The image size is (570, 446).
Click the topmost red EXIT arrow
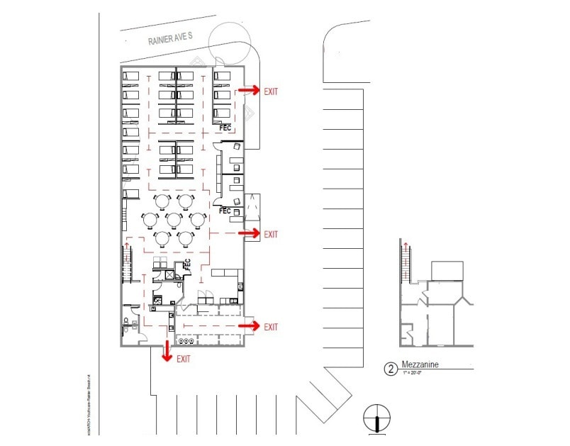point(248,91)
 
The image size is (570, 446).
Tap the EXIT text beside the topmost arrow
point(271,91)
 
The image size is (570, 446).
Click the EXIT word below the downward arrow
point(184,359)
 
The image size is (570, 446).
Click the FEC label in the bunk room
point(225,128)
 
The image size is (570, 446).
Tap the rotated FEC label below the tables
point(188,264)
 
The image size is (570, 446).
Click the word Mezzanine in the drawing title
point(421,366)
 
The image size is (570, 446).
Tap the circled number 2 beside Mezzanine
point(389,369)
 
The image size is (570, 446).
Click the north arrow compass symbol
point(376,417)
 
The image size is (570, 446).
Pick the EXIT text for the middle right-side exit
point(271,235)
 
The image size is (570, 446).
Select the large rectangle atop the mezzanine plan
point(447,270)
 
